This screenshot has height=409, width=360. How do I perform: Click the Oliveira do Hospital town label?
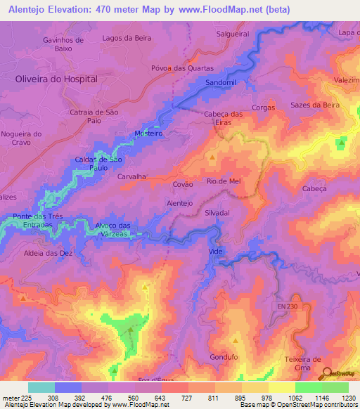(56, 79)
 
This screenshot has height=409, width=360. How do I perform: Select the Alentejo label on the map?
(179, 203)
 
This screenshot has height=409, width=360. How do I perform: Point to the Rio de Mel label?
(224, 181)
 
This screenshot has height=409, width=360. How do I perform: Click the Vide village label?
(216, 251)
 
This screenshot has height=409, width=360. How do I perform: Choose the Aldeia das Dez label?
(48, 252)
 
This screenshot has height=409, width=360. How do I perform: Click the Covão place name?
(183, 184)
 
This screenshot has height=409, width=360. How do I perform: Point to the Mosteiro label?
(148, 133)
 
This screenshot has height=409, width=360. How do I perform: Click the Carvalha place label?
(132, 178)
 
